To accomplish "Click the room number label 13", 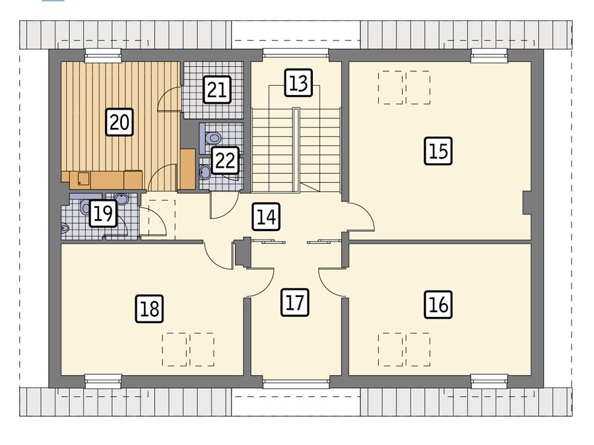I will coord(298,83).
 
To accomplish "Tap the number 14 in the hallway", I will coord(265,217).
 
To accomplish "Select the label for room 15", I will coord(438,151).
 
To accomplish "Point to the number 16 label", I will coord(438,304).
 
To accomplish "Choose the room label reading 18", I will coord(150,309).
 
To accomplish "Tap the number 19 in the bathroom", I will coord(102,214).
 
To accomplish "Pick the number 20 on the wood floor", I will coord(119,122).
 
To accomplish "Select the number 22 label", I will coord(224,160).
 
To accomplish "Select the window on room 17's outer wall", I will coord(296,382).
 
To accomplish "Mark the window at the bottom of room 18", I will coord(104,381).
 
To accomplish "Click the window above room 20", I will coord(104,55).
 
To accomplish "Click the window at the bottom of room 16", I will coord(489,381).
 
